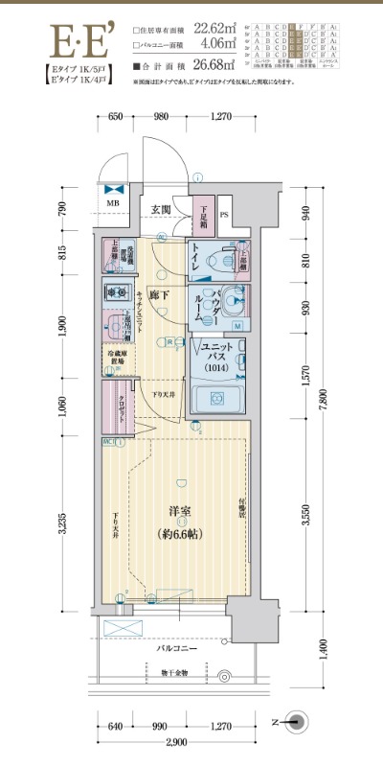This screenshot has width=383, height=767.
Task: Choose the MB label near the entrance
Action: coord(113,204)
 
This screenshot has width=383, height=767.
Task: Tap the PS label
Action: coord(225,213)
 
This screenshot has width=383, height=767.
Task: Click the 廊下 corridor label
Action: coord(160,294)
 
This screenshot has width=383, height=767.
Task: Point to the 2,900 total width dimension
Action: coord(174,744)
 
